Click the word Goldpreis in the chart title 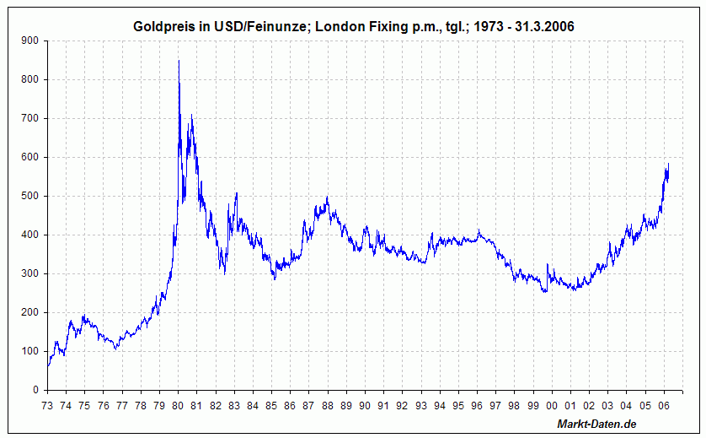pyautogui.click(x=163, y=27)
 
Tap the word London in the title pyautogui.click(x=336, y=27)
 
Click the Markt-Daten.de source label pyautogui.click(x=596, y=423)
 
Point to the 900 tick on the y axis pyautogui.click(x=29, y=41)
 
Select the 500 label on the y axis pyautogui.click(x=29, y=196)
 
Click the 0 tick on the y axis pyautogui.click(x=35, y=390)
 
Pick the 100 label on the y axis pyautogui.click(x=29, y=351)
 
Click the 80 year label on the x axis pyautogui.click(x=178, y=405)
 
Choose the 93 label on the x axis pyautogui.click(x=420, y=405)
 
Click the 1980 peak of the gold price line pyautogui.click(x=179, y=61)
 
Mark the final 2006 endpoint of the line pyautogui.click(x=669, y=164)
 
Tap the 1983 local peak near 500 pyautogui.click(x=236, y=193)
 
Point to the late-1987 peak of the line pyautogui.click(x=327, y=197)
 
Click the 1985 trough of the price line pyautogui.click(x=274, y=278)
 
